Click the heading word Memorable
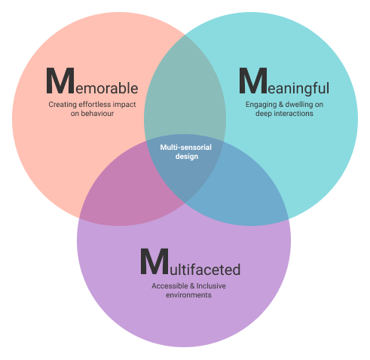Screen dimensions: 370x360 pos(92,81)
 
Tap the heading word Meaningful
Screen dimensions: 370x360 pos(284,82)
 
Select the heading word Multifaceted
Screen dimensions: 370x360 pos(190,262)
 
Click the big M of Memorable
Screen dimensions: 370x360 pos(60,81)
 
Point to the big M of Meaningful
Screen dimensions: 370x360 pos(253,81)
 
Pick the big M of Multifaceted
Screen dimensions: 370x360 pos(154,261)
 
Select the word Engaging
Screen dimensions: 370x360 pos(258,105)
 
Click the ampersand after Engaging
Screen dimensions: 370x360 pos(274,105)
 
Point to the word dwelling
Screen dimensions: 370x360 pos(292,105)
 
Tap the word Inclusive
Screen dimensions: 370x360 pos(211,286)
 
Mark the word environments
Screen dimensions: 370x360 pos(188,295)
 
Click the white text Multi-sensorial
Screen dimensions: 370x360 pos(186,148)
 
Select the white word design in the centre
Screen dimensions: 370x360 pos(187,157)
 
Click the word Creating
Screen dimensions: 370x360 pos(63,105)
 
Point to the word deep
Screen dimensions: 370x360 pos(264,114)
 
